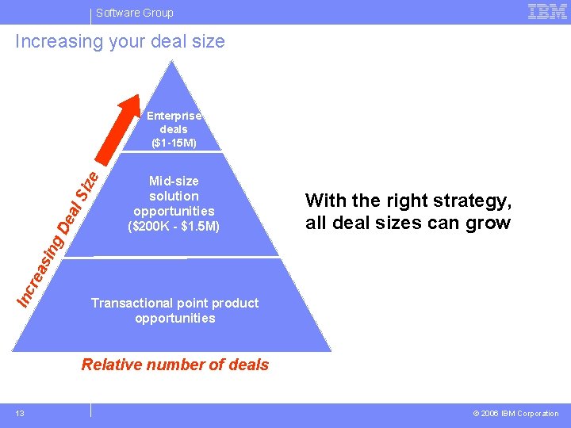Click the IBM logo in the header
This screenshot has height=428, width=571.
point(547,12)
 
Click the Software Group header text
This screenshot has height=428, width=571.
point(134,13)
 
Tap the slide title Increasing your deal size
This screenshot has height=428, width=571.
point(121,41)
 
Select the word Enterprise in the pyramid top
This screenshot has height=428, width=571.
point(174,116)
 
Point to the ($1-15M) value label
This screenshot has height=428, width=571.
point(174,143)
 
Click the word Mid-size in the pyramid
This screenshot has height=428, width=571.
point(174,182)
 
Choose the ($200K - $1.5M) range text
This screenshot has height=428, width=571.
point(174,227)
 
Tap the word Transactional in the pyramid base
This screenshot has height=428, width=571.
point(132,303)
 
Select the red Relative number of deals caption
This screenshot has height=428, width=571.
point(175,365)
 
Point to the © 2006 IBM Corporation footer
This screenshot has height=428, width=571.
point(515,413)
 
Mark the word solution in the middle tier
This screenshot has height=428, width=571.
point(174,196)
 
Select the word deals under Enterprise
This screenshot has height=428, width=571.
point(174,129)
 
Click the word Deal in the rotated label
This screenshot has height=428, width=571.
point(70,216)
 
